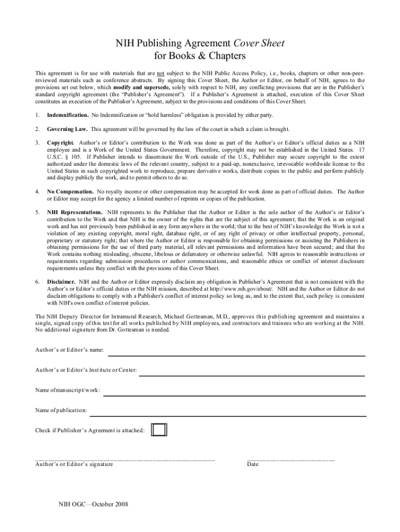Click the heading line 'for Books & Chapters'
(200, 56)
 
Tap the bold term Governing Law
(67, 129)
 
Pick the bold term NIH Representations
(75, 212)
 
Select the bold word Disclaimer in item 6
(61, 282)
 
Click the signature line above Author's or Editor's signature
(125, 460)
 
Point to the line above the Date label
(291, 460)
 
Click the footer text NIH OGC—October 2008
(94, 504)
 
